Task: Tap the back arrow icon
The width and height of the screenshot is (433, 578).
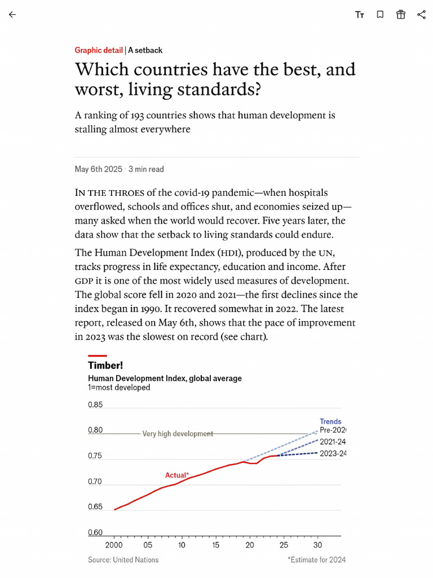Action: [12, 15]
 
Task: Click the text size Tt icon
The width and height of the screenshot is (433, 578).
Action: [360, 15]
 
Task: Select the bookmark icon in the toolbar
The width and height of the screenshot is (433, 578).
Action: [380, 15]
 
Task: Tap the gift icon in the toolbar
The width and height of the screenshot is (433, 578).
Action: [401, 15]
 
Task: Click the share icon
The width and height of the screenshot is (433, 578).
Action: [421, 15]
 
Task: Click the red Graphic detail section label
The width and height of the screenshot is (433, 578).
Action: [99, 50]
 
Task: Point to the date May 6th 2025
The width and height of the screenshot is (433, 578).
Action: [98, 169]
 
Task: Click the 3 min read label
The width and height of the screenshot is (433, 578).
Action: [146, 169]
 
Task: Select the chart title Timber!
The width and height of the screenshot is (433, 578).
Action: [105, 365]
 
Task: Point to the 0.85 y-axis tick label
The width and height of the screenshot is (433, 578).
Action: [95, 405]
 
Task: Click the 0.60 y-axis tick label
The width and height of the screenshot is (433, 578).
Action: [95, 533]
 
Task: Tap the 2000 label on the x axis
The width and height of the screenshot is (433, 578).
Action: [114, 545]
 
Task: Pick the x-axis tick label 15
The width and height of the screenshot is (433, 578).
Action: [216, 545]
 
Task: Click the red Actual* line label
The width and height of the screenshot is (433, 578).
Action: [177, 475]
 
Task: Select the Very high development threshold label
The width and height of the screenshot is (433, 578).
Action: [178, 433]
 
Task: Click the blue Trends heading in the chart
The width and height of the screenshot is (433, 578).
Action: [330, 422]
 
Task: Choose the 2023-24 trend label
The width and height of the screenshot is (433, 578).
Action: [333, 454]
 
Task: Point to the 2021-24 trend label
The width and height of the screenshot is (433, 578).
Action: [333, 442]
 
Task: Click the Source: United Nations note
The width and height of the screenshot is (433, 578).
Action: [123, 560]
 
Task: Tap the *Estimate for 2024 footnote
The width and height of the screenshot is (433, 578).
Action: [316, 560]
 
